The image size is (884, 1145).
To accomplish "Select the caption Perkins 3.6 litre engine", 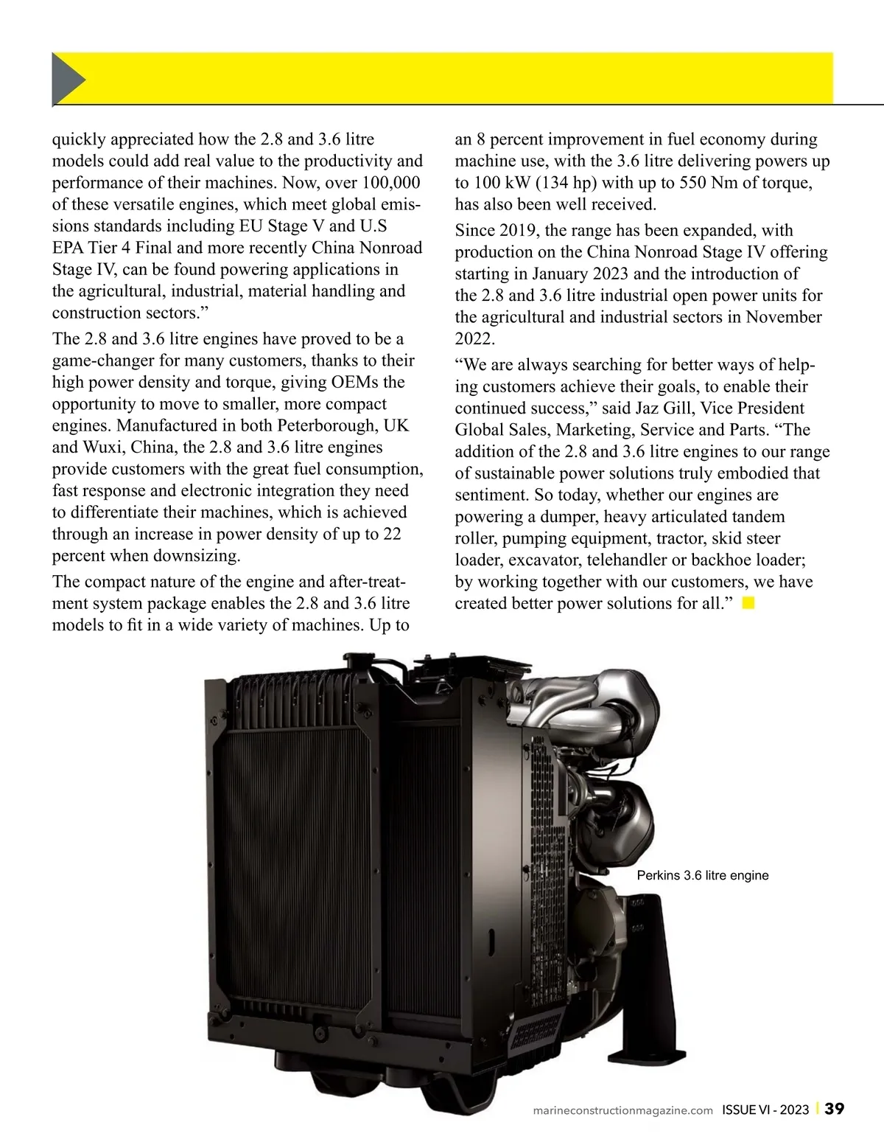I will click(702, 876).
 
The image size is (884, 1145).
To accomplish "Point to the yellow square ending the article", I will click(748, 604).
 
